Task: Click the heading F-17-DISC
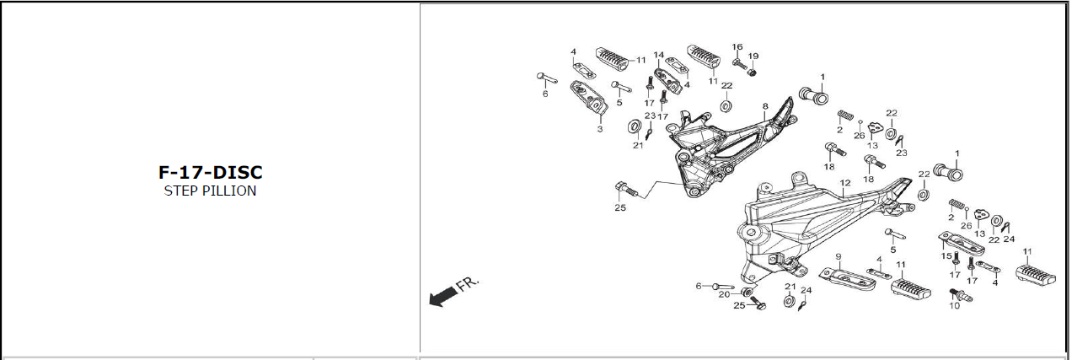tap(211, 172)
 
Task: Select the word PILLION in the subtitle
tap(228, 191)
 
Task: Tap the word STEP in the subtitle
tap(180, 191)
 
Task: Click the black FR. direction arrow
tap(441, 296)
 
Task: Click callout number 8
tap(765, 106)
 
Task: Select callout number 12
tap(844, 183)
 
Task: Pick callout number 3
tap(600, 129)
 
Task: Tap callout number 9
tap(839, 256)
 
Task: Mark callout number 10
tap(955, 306)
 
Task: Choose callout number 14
tap(658, 55)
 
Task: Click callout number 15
tap(946, 256)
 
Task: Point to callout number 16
tap(737, 47)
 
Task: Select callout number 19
tap(753, 56)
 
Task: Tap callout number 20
tap(724, 294)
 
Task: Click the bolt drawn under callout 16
tap(739, 62)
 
